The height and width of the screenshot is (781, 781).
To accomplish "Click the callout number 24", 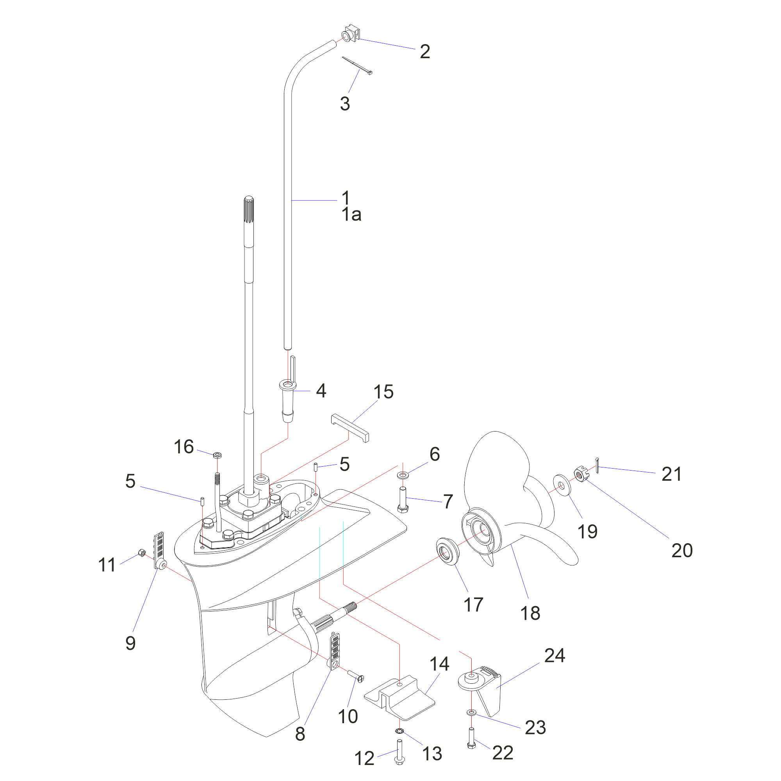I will (554, 656).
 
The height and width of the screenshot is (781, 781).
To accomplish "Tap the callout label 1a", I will (351, 215).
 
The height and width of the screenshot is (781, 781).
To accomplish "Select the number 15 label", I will (383, 392).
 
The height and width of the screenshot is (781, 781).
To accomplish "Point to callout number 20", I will (682, 551).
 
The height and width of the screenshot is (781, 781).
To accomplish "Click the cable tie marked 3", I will (357, 65).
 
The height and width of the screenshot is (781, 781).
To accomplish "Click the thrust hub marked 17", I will (448, 551).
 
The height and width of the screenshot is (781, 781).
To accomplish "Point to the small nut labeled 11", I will (142, 553).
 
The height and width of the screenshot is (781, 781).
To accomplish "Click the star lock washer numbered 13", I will (399, 731).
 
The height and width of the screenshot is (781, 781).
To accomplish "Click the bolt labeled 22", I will (471, 738).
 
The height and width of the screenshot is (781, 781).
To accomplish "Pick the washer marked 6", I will (403, 474).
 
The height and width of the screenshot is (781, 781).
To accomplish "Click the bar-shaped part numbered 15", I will (349, 428).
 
